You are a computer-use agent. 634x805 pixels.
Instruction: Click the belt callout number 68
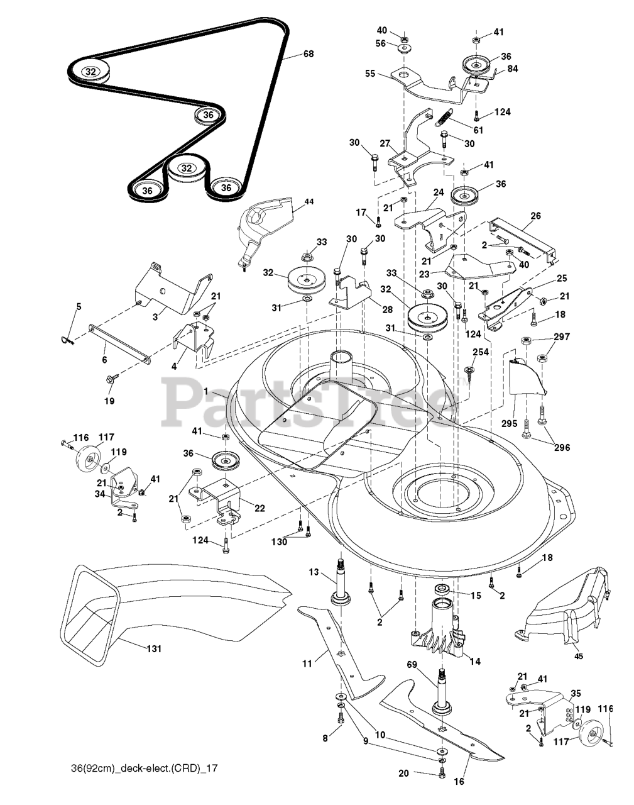click(x=308, y=54)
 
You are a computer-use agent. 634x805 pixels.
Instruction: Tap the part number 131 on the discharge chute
click(x=153, y=648)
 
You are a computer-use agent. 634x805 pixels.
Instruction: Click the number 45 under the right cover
click(x=579, y=657)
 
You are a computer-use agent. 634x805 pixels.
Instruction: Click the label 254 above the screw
click(x=480, y=352)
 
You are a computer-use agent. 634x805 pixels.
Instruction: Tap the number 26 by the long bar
click(x=535, y=216)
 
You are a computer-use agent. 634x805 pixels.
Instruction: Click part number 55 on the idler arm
click(x=370, y=74)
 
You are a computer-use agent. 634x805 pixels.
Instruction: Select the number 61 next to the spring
click(x=479, y=130)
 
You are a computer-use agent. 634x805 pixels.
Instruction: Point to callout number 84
click(x=513, y=69)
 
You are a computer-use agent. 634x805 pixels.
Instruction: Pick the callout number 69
click(x=412, y=664)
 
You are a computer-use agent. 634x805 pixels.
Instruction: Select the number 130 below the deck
click(x=280, y=541)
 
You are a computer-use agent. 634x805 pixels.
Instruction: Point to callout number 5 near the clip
click(x=79, y=306)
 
